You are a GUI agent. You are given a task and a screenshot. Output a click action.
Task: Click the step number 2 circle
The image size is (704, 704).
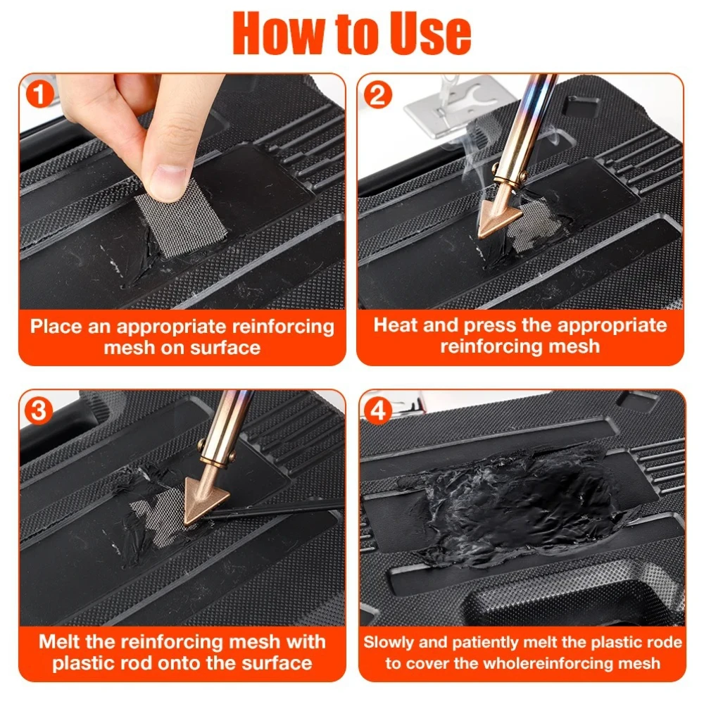click(x=377, y=95)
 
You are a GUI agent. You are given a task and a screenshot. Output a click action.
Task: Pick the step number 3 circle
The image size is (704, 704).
click(x=39, y=411)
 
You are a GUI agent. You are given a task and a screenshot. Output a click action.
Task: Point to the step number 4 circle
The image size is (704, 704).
click(x=377, y=410)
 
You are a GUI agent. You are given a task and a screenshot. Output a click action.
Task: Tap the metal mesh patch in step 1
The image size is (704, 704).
click(x=182, y=220)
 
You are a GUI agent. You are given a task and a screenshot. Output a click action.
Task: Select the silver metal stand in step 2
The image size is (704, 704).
click(x=458, y=110)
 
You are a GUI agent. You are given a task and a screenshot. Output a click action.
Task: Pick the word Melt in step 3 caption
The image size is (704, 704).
click(x=59, y=641)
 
